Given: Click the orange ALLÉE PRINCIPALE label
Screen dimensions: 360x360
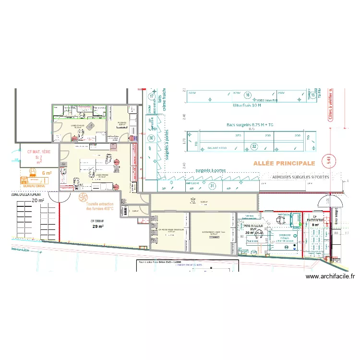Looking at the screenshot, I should point(284,164).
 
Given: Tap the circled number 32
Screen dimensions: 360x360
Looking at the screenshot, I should point(254,146).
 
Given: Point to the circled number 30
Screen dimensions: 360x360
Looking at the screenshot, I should point(151,138).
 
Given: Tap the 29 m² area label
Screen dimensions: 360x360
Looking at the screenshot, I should point(97,227).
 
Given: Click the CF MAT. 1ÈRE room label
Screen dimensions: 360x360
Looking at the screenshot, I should point(38,152).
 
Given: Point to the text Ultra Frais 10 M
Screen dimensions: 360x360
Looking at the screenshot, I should point(246,105).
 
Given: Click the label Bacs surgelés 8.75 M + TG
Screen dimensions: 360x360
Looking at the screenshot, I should point(252,125).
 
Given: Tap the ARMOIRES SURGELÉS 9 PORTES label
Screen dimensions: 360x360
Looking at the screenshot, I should point(300,178).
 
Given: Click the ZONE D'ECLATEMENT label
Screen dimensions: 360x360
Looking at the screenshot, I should point(26,194).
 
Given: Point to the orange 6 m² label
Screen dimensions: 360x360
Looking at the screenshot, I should point(47,173).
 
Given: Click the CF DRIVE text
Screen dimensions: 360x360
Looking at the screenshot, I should point(97,221).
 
